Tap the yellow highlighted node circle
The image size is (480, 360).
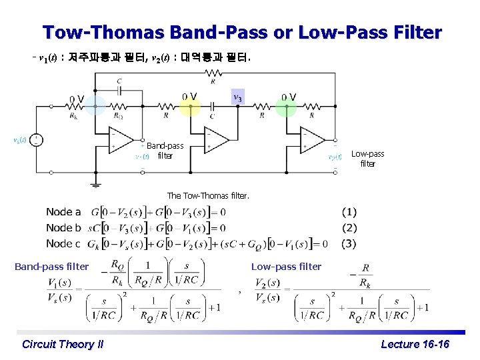pyautogui.click(x=190, y=106)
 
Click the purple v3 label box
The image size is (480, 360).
pyautogui.click(x=237, y=97)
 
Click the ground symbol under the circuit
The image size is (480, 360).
pyautogui.click(x=96, y=181)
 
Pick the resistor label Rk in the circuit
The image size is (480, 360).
pyautogui.click(x=74, y=116)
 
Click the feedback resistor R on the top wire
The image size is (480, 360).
pyautogui.click(x=212, y=75)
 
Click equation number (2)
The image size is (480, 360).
pyautogui.click(x=349, y=227)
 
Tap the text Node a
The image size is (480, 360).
pyautogui.click(x=63, y=212)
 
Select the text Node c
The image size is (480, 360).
pyautogui.click(x=63, y=243)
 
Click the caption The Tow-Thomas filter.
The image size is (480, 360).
pyautogui.click(x=207, y=196)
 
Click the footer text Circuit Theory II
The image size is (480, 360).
pyautogui.click(x=63, y=344)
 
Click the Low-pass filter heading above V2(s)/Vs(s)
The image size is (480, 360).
pyautogui.click(x=286, y=267)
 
